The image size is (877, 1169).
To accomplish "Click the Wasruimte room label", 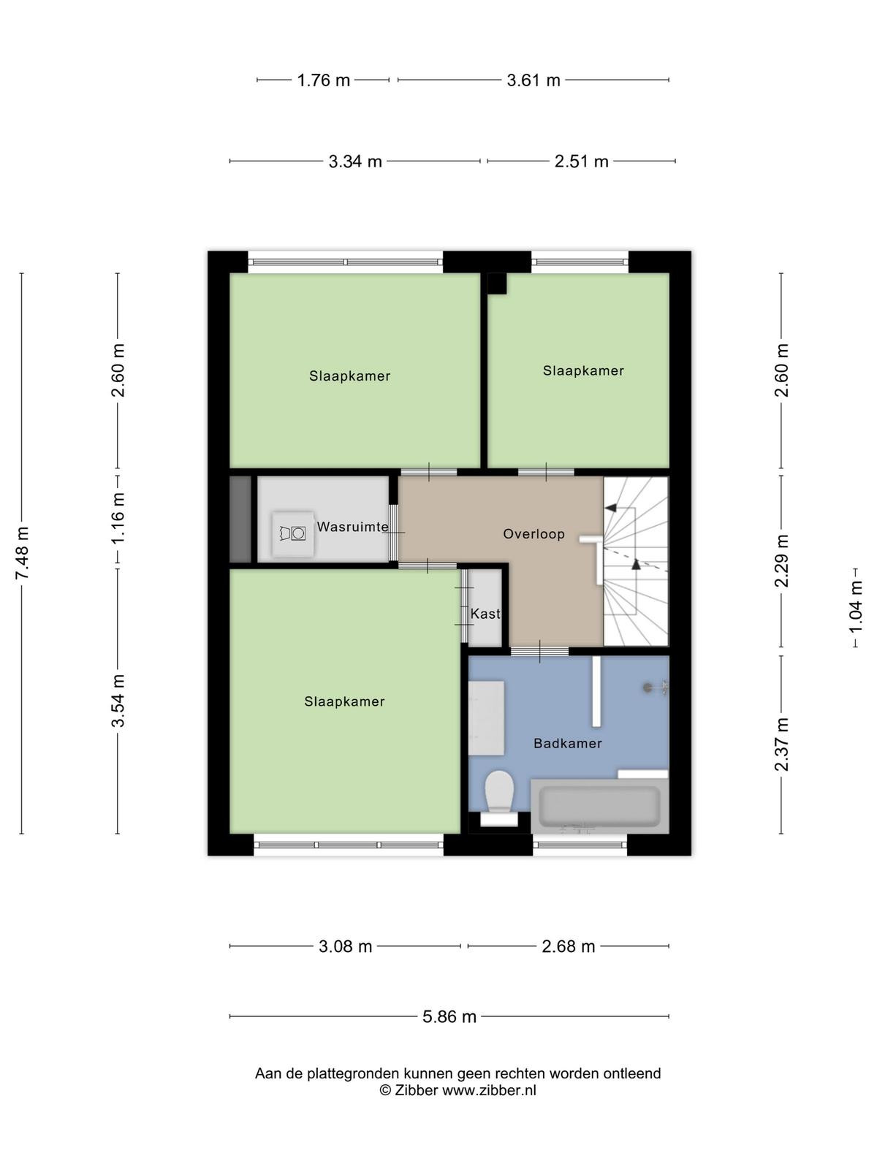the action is (x=352, y=527).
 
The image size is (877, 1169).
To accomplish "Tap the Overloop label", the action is (x=534, y=533).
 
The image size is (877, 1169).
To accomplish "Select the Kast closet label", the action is (x=485, y=614).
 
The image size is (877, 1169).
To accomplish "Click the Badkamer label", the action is (x=568, y=743).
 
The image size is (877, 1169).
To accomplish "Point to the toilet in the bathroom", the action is (x=499, y=798).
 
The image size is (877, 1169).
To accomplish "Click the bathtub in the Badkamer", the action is (x=599, y=806).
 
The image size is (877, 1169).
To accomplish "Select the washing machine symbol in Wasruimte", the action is (x=293, y=533).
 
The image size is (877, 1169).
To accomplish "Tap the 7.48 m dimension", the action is (x=22, y=553).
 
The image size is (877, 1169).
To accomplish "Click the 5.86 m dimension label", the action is (x=449, y=1016).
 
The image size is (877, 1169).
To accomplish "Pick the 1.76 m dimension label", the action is (x=323, y=80).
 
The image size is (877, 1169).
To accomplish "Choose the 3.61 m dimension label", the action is (x=534, y=80).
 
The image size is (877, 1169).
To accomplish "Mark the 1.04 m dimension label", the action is (x=855, y=607).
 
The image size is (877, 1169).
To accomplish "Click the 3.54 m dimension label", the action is (x=118, y=701).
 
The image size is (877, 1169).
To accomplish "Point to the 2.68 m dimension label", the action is (x=568, y=946).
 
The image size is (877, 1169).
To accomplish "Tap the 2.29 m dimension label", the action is (x=781, y=560).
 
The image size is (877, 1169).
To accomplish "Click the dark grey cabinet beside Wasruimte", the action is (x=240, y=519).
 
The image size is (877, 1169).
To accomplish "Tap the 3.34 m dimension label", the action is (x=355, y=161).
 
